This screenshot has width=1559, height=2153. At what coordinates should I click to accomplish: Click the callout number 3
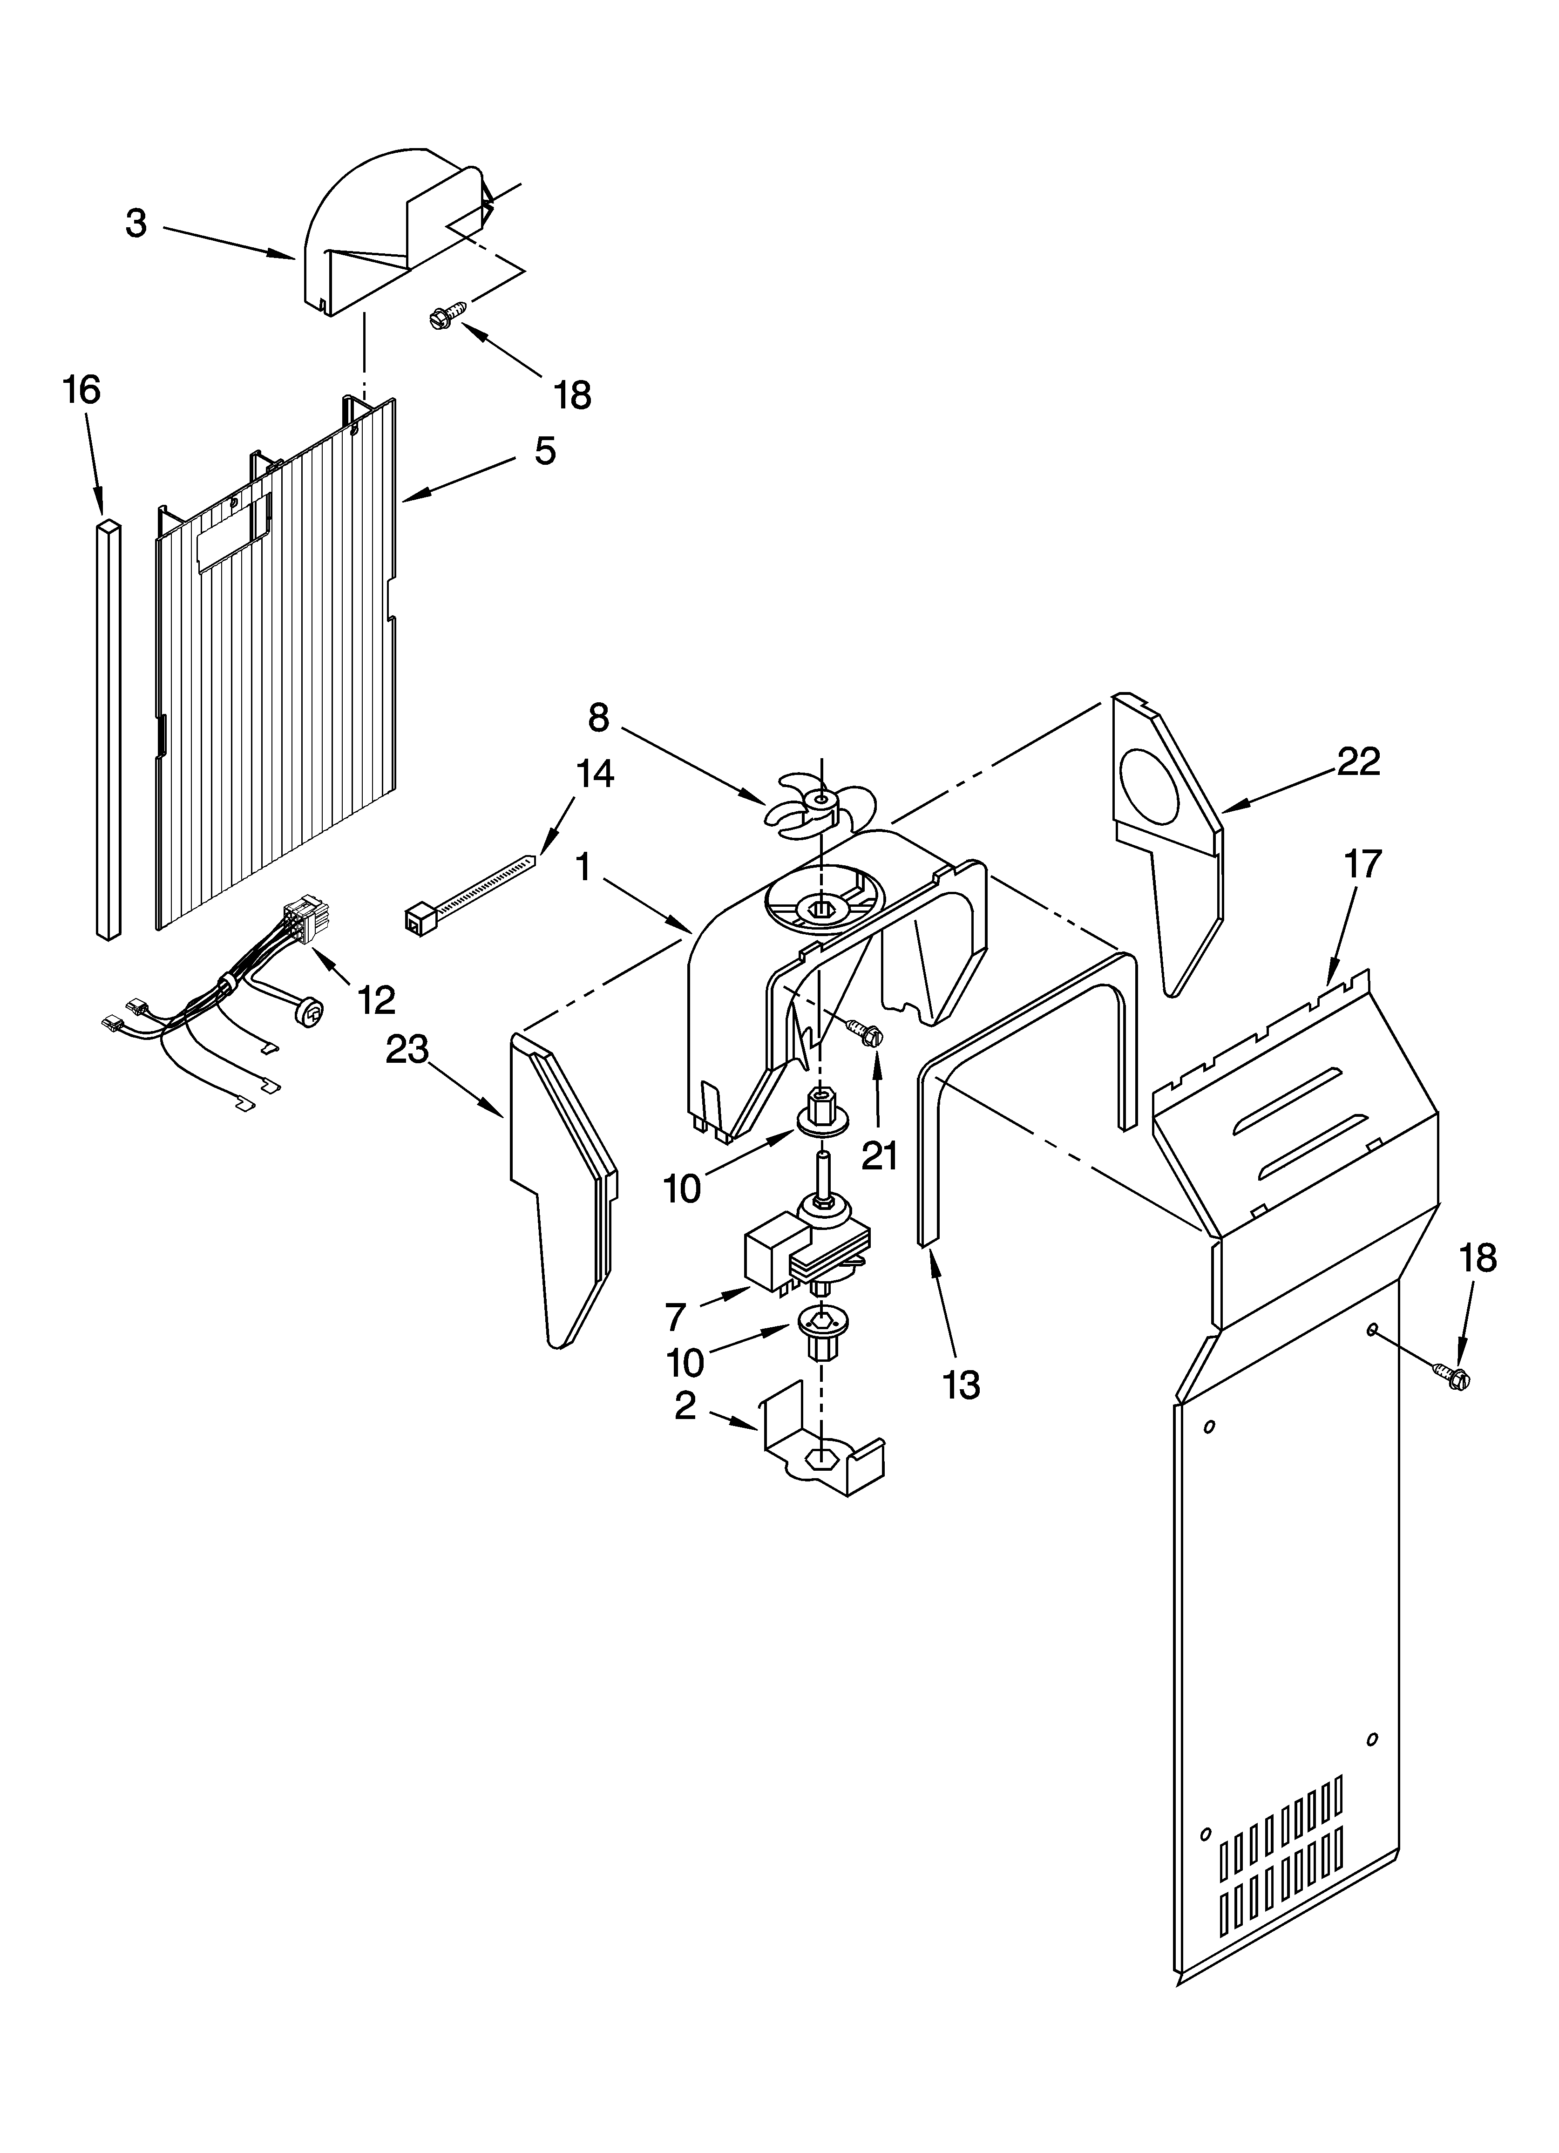point(137,224)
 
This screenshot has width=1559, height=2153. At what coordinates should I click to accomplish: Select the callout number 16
point(82,390)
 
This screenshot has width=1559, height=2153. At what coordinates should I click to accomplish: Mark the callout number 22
point(1358,761)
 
